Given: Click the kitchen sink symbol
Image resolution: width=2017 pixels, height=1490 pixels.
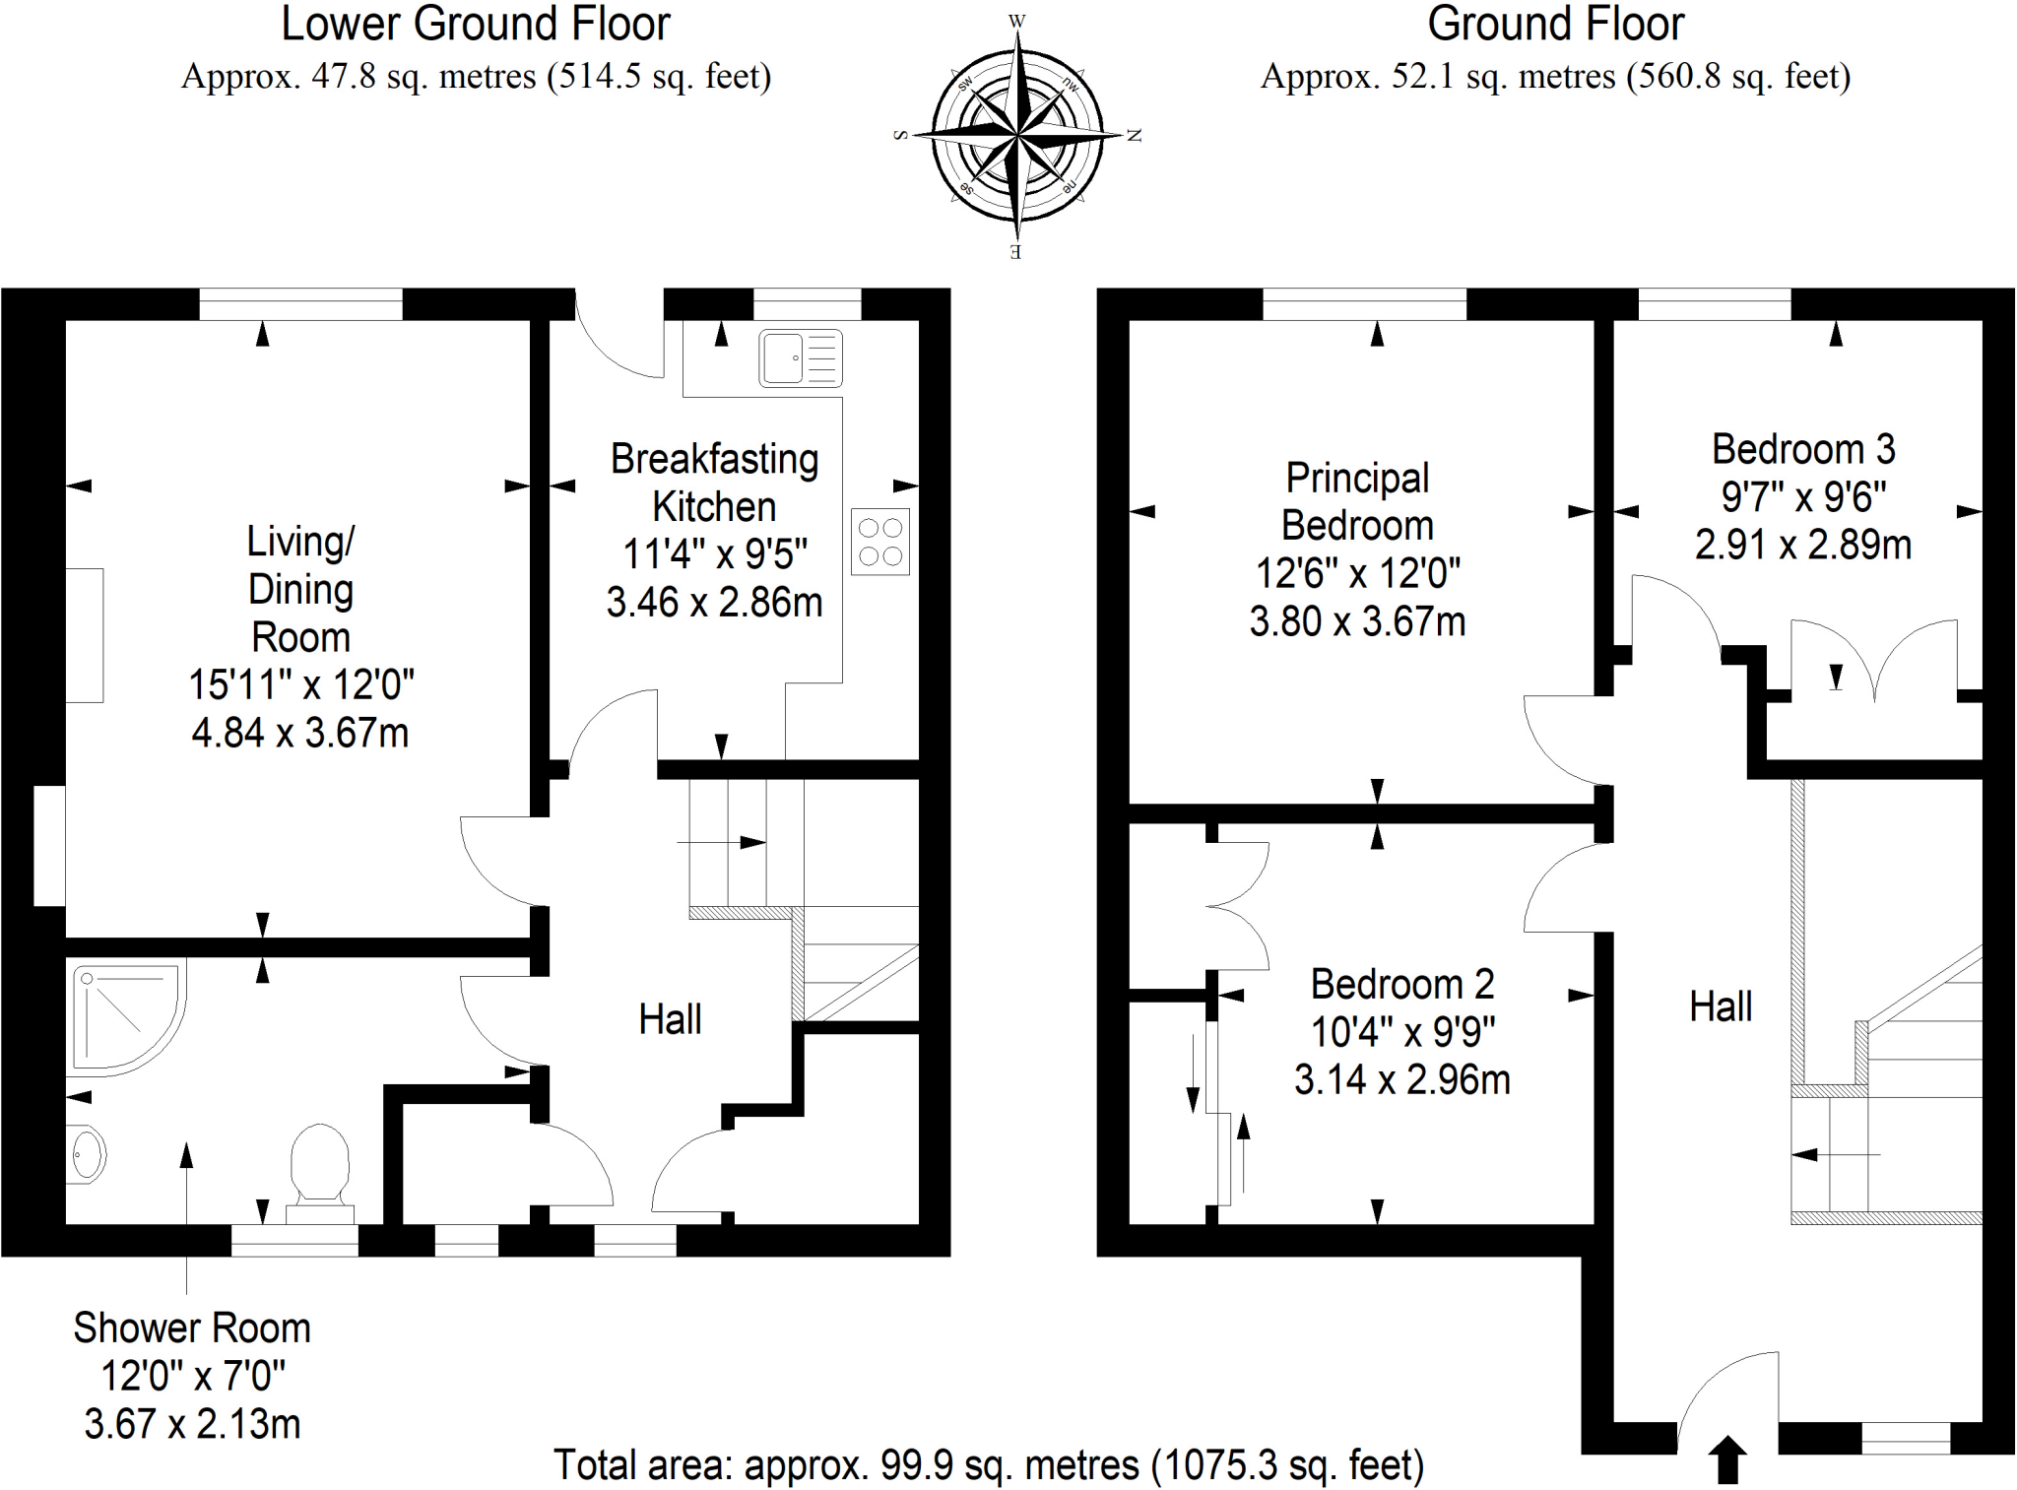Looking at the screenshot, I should (x=800, y=357).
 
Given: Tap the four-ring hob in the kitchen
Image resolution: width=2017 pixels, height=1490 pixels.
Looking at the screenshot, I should (x=879, y=542).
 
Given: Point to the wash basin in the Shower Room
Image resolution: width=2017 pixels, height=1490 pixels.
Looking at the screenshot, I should (x=87, y=1153).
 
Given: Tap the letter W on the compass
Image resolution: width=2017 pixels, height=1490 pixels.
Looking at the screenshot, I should (x=1016, y=21).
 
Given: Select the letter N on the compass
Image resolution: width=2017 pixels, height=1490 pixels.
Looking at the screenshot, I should (x=1134, y=136).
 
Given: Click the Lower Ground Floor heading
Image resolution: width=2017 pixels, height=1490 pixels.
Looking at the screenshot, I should (x=476, y=25).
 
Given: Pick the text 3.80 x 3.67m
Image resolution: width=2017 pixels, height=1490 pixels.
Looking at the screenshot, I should (x=1357, y=621).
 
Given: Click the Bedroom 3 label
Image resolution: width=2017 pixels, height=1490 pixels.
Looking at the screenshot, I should (x=1802, y=449).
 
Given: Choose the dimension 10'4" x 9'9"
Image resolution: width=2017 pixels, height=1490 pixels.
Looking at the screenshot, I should (x=1401, y=1032).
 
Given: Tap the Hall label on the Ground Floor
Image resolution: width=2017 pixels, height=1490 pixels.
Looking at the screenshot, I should (x=1720, y=1007).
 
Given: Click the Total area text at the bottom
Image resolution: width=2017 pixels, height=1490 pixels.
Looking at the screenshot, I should (x=988, y=1464).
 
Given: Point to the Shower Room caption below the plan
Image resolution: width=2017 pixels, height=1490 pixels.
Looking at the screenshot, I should (x=192, y=1328).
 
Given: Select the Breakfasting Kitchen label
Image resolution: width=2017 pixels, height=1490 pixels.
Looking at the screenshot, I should (x=714, y=483).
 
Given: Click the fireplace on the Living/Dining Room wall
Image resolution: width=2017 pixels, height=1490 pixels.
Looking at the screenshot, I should (x=85, y=635).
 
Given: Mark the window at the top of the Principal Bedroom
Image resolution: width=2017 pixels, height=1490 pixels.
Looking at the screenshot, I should (x=1364, y=304).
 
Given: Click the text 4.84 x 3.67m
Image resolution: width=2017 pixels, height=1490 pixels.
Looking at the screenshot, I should (x=300, y=733).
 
